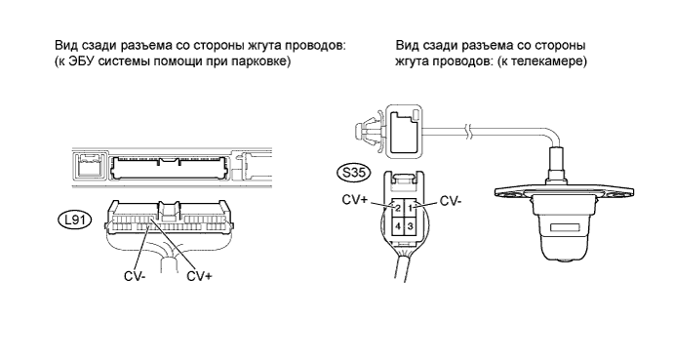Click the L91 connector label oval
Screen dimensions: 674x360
(74, 220)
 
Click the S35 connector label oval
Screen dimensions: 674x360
(352, 173)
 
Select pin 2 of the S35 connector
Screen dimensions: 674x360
(398, 208)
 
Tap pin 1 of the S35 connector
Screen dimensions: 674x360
(410, 208)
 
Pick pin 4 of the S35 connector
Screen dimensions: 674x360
(398, 225)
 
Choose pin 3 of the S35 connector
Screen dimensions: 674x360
(410, 225)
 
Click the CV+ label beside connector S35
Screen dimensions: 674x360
(355, 200)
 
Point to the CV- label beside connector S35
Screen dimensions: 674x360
(451, 201)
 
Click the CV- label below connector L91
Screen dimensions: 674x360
(135, 276)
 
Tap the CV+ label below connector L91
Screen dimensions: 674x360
(199, 276)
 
